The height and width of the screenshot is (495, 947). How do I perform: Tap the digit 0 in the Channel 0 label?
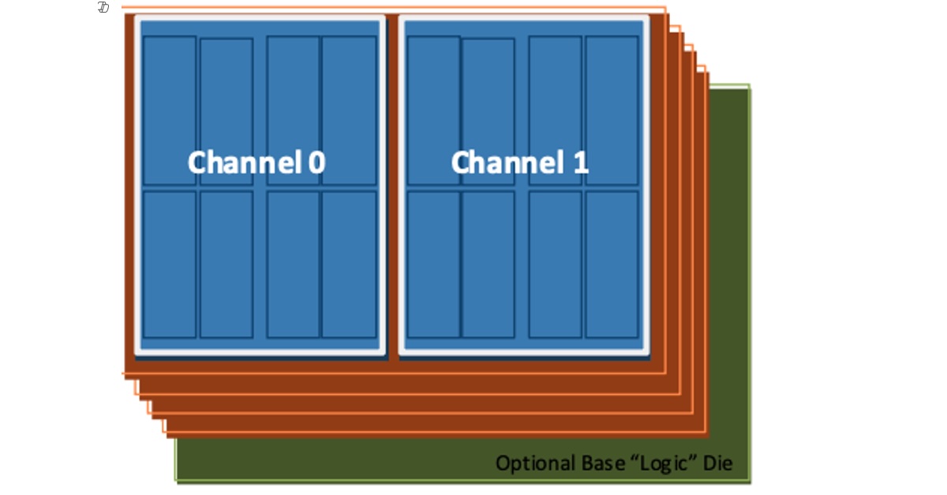click(x=316, y=162)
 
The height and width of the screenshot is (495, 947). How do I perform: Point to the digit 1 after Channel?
click(x=580, y=162)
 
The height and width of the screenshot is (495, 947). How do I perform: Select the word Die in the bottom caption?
click(x=719, y=463)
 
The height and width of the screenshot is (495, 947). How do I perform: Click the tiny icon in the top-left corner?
click(x=103, y=8)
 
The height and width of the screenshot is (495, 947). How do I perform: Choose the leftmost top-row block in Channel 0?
click(x=169, y=110)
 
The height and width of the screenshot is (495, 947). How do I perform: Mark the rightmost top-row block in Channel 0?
click(x=349, y=110)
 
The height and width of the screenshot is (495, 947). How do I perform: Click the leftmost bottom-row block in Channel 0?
click(x=169, y=264)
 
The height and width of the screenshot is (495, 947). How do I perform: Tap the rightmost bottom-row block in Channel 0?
click(x=349, y=264)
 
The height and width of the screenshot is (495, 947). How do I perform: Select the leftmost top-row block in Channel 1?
click(x=433, y=110)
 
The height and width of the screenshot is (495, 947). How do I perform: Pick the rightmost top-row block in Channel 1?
click(x=612, y=110)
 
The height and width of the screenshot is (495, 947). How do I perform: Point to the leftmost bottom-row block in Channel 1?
click(x=433, y=264)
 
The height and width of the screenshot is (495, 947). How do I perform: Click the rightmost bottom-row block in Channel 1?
click(x=612, y=264)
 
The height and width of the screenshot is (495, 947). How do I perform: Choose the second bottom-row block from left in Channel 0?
click(x=226, y=264)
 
